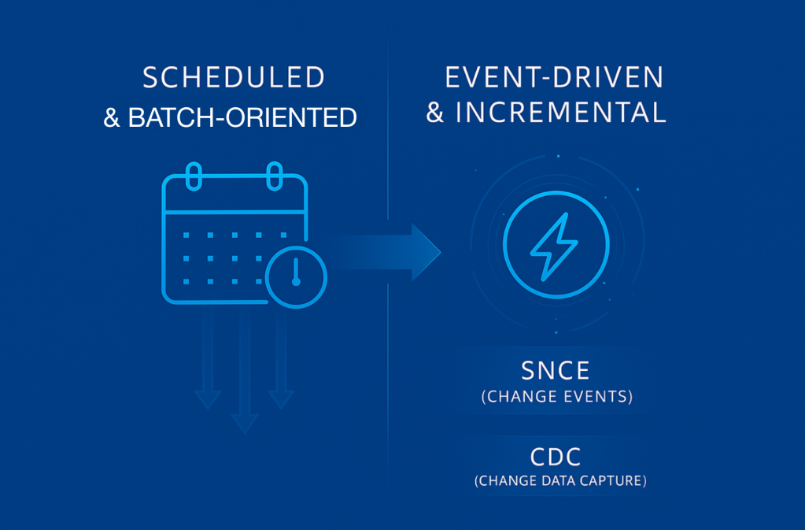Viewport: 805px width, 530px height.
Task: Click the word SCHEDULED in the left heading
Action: point(234,77)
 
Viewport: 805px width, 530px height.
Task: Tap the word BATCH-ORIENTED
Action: point(242,117)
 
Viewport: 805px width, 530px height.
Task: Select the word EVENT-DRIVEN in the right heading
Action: point(555,77)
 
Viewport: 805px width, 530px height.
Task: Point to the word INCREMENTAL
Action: point(561,113)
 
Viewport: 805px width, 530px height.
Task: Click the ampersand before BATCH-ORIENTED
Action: point(112,117)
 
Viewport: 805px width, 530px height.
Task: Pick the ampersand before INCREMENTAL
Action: point(435,113)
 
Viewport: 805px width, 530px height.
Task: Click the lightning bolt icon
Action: point(554,246)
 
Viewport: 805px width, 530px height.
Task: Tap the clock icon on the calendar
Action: point(296,277)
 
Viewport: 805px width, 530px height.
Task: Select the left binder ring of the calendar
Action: point(194,176)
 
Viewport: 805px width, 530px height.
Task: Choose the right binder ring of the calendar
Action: point(275,176)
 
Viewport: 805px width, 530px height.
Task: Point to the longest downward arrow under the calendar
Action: point(245,370)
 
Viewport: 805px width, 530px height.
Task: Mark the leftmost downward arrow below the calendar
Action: point(208,358)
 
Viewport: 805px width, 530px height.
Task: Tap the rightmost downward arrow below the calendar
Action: point(281,358)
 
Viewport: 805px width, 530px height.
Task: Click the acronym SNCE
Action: point(556,371)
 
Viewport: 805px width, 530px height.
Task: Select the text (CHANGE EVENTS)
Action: point(557,396)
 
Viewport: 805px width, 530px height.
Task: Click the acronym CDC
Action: point(556,457)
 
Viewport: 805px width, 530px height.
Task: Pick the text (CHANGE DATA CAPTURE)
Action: point(560,480)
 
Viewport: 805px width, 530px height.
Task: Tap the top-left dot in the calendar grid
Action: point(186,235)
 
